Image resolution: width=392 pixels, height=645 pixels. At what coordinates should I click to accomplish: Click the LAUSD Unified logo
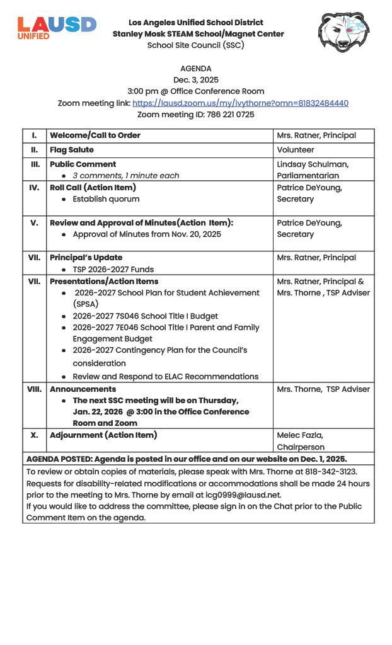click(x=57, y=28)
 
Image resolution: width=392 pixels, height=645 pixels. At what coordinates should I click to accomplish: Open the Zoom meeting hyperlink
click(x=240, y=103)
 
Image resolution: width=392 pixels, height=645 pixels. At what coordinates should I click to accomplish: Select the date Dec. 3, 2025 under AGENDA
click(x=196, y=80)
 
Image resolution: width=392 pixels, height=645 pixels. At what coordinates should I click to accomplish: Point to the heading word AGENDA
click(x=196, y=69)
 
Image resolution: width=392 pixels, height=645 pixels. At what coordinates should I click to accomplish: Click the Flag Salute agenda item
click(x=72, y=150)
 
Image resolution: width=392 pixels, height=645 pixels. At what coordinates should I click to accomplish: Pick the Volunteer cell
click(x=296, y=150)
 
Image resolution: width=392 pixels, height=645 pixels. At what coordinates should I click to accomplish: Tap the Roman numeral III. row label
click(x=35, y=164)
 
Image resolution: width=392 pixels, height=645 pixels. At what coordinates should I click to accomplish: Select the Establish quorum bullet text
click(x=106, y=199)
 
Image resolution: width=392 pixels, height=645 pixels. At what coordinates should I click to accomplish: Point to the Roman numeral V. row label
click(x=35, y=223)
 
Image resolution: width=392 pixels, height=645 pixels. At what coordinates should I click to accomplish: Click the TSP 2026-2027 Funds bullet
click(x=113, y=270)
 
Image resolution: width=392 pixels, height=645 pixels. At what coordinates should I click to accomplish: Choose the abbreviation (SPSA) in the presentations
click(x=86, y=304)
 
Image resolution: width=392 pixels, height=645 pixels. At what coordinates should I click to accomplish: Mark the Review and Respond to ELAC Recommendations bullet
click(x=165, y=377)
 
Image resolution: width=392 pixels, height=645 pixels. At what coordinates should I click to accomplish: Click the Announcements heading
click(x=83, y=389)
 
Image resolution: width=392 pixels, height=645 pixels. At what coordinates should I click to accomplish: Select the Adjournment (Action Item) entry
click(x=103, y=435)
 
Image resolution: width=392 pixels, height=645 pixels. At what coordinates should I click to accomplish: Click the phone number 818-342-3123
click(x=329, y=472)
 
